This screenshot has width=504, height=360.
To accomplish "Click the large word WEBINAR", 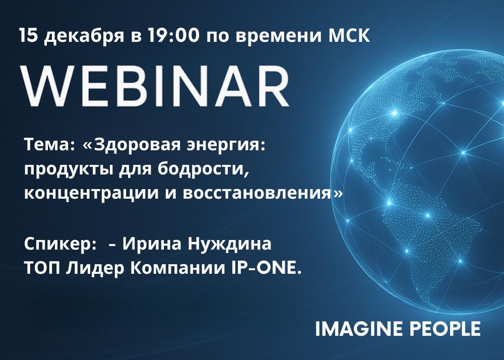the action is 155,86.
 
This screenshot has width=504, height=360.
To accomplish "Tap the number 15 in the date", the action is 29,35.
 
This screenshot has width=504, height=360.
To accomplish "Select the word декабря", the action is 84,36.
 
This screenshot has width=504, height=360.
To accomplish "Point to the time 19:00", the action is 173,35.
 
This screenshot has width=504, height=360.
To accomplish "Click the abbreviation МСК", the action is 349,35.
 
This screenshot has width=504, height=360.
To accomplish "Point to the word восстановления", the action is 257,194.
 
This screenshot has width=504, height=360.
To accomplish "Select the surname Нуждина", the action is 229,244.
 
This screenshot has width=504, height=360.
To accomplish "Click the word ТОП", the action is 42,268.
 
